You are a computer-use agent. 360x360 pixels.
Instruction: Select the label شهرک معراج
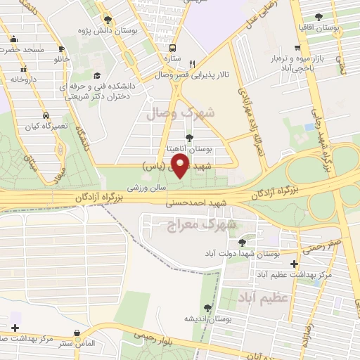pyautogui.click(x=202, y=225)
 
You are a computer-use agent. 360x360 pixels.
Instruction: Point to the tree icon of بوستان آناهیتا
pyautogui.click(x=189, y=139)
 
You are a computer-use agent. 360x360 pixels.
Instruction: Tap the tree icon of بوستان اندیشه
pyautogui.click(x=207, y=308)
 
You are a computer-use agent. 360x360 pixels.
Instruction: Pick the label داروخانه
pyautogui.click(x=22, y=79)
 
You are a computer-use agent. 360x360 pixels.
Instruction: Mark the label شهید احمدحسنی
pyautogui.click(x=193, y=204)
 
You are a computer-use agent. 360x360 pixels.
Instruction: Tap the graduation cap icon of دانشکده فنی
pyautogui.click(x=97, y=76)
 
